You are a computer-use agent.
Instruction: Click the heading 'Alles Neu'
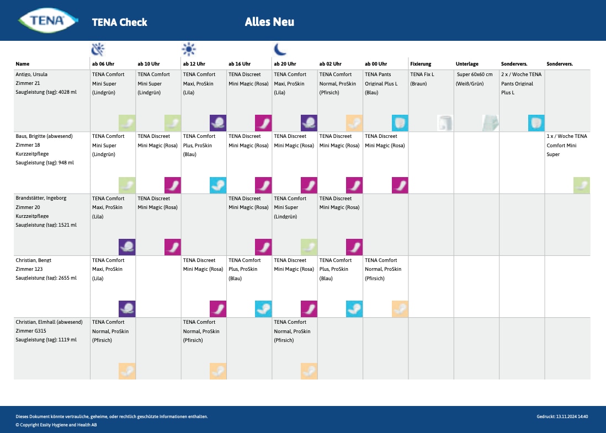tap(269, 22)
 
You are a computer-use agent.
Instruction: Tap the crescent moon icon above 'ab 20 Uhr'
tap(280, 50)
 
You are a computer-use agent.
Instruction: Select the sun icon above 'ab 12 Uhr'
tap(189, 50)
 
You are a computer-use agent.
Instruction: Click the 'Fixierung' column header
tap(421, 64)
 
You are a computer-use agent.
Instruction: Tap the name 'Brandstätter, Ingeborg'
tap(41, 198)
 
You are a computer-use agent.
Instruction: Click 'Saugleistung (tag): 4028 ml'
tap(46, 93)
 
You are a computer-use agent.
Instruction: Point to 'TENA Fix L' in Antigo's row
tap(422, 74)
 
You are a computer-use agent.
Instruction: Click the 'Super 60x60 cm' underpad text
tap(475, 74)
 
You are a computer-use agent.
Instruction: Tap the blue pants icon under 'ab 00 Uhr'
tap(400, 123)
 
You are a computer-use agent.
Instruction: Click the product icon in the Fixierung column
tap(445, 123)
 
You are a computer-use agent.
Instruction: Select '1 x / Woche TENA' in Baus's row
tap(567, 136)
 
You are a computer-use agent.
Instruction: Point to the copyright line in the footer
tap(56, 425)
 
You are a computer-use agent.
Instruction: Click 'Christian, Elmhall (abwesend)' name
tap(49, 322)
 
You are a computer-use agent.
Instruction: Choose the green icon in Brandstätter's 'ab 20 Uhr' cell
tap(309, 247)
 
